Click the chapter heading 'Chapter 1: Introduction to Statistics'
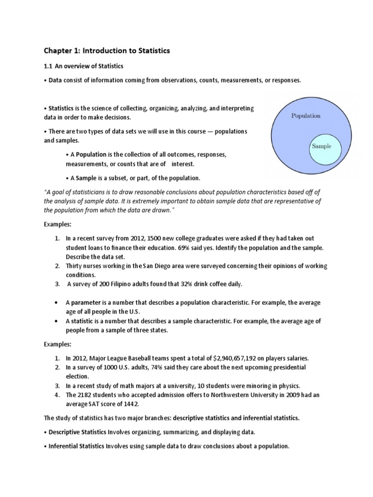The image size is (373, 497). [107, 50]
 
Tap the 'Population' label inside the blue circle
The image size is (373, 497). [305, 116]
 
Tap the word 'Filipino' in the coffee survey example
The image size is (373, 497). [126, 283]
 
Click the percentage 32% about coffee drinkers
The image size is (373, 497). [188, 283]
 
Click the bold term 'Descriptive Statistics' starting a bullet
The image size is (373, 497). [77, 432]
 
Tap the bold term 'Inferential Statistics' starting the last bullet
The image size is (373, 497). [76, 447]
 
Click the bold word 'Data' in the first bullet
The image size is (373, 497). [55, 81]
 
